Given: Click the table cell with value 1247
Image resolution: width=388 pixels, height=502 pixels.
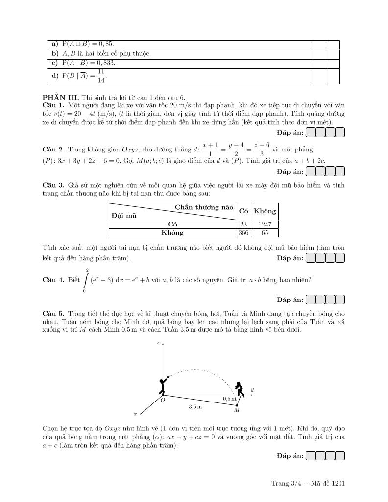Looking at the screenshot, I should point(265,224).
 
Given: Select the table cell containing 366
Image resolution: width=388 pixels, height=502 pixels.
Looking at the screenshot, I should point(243,233).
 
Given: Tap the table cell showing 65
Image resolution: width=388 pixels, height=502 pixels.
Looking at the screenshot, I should point(265,233).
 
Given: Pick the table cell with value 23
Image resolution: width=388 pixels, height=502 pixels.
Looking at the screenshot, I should point(243,224).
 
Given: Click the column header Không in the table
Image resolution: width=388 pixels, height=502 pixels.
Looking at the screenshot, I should point(265,211).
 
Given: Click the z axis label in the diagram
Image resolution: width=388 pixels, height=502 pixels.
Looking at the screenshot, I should point(157,343).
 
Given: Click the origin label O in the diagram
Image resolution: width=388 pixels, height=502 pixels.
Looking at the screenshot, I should point(163,400).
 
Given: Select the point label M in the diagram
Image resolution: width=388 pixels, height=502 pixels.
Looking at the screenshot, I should point(237,410).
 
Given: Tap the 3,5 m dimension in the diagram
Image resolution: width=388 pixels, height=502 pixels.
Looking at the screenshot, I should point(195,407).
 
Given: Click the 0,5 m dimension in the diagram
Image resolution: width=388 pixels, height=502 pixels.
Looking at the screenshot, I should point(229,399).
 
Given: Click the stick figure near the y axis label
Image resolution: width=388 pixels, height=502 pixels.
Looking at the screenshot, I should point(239,388).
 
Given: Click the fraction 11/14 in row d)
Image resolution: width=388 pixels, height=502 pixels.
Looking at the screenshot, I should point(101,76).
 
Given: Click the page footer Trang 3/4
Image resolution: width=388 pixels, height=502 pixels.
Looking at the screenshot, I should point(285,484).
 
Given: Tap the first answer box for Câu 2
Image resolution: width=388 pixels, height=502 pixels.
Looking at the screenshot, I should point(311,171).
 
